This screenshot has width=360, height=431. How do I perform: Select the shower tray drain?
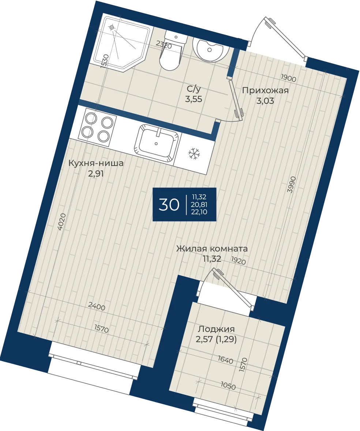[x=112, y=27]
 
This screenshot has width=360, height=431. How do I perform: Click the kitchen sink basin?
[x=157, y=143]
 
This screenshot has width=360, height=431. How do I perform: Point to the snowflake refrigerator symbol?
[x=194, y=154]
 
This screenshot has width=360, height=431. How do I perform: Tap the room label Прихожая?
[x=265, y=90]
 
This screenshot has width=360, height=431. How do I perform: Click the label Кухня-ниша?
[x=96, y=163]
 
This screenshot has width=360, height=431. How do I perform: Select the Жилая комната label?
[x=212, y=249]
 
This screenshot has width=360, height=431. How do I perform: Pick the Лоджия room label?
[x=216, y=329]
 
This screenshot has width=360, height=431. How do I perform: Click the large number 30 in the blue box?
[x=169, y=204]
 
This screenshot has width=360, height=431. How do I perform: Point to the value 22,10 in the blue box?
[x=201, y=212]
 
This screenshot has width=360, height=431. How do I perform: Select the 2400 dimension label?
[x=97, y=306]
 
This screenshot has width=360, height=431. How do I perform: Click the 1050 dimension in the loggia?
[x=228, y=386]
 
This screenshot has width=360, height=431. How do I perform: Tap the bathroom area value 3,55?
[x=194, y=99]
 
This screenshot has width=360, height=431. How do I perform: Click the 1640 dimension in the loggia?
[x=225, y=360]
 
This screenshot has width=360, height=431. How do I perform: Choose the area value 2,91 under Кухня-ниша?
[x=96, y=174]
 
